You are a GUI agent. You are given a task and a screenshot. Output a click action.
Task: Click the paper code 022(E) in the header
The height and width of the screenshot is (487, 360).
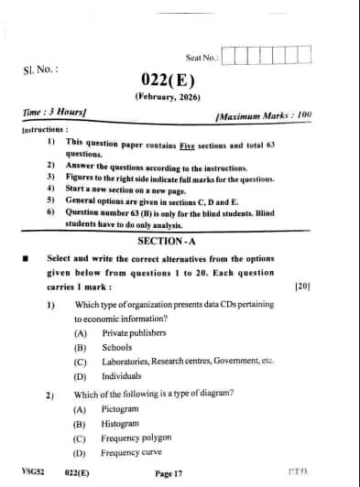(168, 80)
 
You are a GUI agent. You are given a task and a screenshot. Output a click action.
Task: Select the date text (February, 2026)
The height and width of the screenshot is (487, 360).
(168, 96)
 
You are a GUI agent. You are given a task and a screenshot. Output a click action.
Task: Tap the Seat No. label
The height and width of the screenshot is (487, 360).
(202, 57)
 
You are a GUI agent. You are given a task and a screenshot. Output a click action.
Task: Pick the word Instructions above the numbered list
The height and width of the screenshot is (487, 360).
(45, 130)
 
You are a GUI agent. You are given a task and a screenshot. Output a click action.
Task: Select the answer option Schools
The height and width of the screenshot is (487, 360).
(117, 348)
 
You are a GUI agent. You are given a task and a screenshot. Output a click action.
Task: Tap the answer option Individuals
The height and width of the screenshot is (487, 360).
(122, 376)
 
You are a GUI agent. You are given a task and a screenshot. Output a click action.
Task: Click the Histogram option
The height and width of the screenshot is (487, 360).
(120, 424)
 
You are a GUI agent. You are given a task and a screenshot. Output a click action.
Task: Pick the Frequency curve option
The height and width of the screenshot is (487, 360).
(129, 452)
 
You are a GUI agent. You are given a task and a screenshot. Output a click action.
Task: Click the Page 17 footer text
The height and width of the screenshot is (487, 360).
(169, 473)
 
